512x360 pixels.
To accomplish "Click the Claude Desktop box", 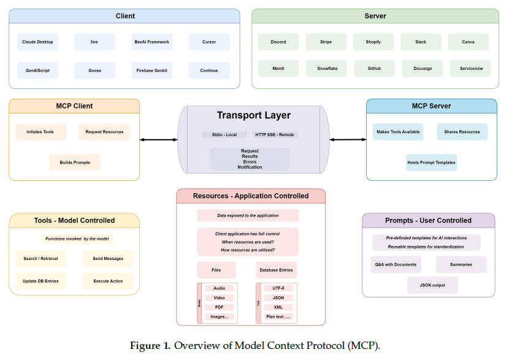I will click(x=37, y=42).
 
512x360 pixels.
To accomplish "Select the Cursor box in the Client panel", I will click(x=209, y=42).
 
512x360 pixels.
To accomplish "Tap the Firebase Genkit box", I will click(x=152, y=71).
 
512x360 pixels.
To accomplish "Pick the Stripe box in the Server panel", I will click(x=326, y=42).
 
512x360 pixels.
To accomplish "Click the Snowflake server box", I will click(x=326, y=69).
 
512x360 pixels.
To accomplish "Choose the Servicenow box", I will click(x=470, y=69).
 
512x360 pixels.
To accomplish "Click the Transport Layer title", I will click(x=253, y=115).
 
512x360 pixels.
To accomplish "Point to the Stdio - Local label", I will click(x=224, y=134).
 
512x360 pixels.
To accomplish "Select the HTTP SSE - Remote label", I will click(x=275, y=134).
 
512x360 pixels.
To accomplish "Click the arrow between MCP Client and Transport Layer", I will click(x=159, y=140).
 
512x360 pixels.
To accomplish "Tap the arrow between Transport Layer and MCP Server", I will click(x=348, y=140).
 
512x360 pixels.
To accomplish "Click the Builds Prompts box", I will click(x=74, y=163).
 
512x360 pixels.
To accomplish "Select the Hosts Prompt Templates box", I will click(x=432, y=163).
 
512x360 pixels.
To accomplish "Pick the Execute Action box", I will click(x=108, y=281).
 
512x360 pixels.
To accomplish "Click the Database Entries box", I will click(x=276, y=270).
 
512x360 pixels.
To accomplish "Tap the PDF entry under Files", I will click(x=220, y=307).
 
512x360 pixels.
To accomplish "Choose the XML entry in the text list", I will click(x=278, y=307).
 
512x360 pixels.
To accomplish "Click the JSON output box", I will click(x=432, y=285).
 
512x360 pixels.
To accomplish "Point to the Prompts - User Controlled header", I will click(x=428, y=220).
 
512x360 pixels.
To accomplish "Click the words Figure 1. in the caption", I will click(x=150, y=346).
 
